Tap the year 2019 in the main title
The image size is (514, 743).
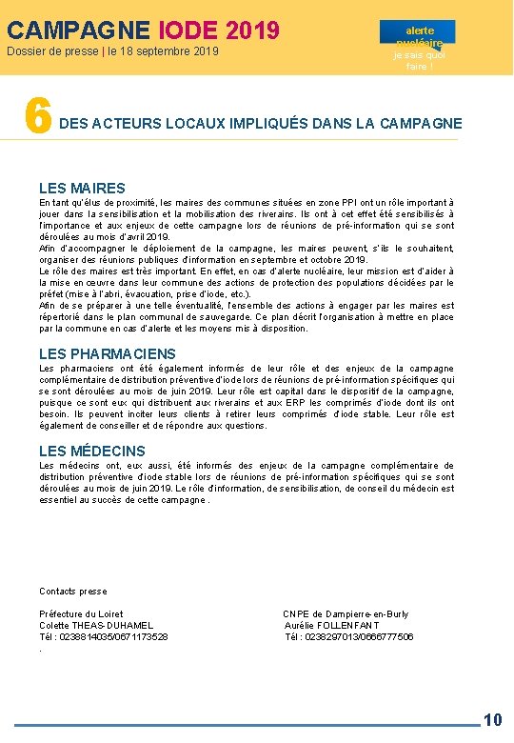click(x=252, y=31)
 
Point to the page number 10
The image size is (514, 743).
click(x=493, y=720)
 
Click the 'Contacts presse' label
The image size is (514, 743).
click(x=73, y=592)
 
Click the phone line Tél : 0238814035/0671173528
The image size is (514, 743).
click(x=104, y=636)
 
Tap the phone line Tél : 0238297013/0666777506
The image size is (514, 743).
click(x=349, y=636)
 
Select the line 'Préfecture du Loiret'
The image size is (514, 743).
click(x=81, y=613)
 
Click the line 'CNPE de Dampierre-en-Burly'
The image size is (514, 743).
click(x=346, y=613)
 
